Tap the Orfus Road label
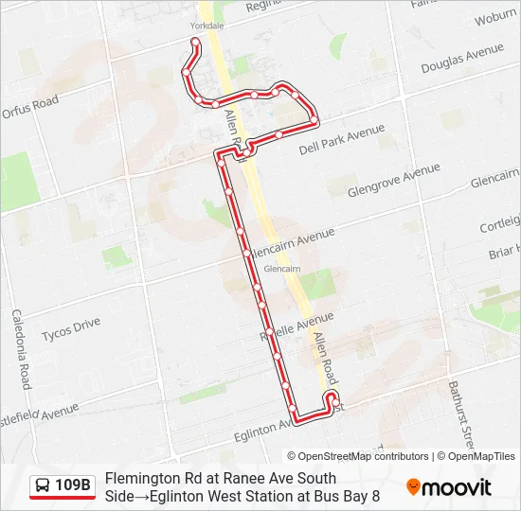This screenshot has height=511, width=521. (x=30, y=107)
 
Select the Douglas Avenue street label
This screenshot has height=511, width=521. (x=462, y=60)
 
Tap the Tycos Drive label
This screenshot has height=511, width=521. (x=71, y=329)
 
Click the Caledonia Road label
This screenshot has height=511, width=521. (x=21, y=349)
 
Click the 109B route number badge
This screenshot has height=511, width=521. (x=73, y=486)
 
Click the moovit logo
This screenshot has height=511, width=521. (x=449, y=487)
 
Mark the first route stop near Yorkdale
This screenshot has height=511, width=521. (x=195, y=42)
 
